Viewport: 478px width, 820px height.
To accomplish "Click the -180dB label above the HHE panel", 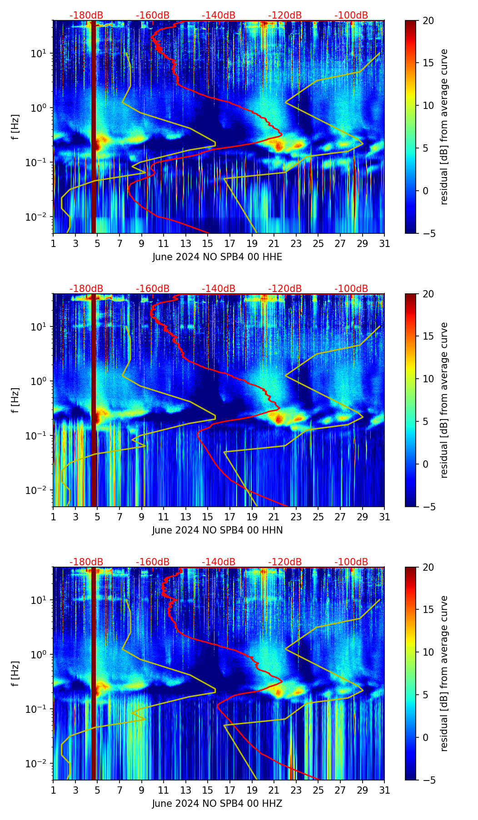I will pyautogui.click(x=86, y=15).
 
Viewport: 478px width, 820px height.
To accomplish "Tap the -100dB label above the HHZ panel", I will pyautogui.click(x=351, y=562).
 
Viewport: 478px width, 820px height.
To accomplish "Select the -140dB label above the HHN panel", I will pyautogui.click(x=219, y=289).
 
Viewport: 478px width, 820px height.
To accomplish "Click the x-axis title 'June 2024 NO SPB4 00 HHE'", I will pyautogui.click(x=217, y=257).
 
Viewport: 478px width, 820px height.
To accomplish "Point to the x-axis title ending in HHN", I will pyautogui.click(x=217, y=530).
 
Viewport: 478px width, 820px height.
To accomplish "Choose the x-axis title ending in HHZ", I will pyautogui.click(x=217, y=804).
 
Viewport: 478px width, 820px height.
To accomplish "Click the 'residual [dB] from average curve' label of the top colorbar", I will pyautogui.click(x=444, y=127).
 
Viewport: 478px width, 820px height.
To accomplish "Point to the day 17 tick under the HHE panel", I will pyautogui.click(x=229, y=243).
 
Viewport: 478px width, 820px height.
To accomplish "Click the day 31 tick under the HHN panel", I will pyautogui.click(x=384, y=517).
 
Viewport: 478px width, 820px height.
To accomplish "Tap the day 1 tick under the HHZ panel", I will pyautogui.click(x=53, y=790).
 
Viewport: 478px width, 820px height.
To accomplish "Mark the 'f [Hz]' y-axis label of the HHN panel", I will pyautogui.click(x=15, y=400).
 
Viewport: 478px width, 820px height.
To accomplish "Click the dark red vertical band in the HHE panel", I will pyautogui.click(x=94, y=127).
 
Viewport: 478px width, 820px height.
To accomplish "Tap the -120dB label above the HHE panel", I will pyautogui.click(x=285, y=15).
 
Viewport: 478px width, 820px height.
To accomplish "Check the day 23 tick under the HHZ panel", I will pyautogui.click(x=296, y=790).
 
